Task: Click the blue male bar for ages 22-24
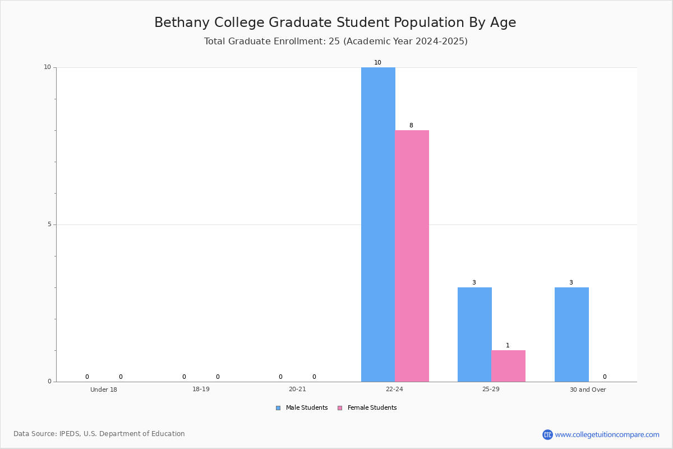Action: click(x=378, y=224)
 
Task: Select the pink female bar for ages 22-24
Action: click(x=412, y=256)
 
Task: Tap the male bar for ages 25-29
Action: click(x=474, y=335)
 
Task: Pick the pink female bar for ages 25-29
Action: click(x=508, y=366)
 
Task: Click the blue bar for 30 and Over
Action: click(x=571, y=335)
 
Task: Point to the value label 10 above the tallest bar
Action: click(x=377, y=62)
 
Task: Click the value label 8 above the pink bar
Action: click(x=411, y=125)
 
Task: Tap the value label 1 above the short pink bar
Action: click(x=508, y=345)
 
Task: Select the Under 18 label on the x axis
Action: click(x=104, y=390)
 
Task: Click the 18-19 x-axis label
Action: click(x=201, y=389)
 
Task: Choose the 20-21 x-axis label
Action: click(x=297, y=389)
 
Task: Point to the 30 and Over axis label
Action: click(x=588, y=390)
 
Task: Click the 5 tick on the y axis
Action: click(x=50, y=224)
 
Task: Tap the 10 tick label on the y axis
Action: click(x=48, y=67)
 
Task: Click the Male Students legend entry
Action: click(x=302, y=407)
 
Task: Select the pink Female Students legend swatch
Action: click(x=340, y=408)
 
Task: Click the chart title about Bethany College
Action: click(x=335, y=22)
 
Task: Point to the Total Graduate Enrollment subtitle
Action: click(x=336, y=41)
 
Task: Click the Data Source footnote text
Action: click(x=99, y=434)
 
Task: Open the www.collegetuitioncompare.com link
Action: click(x=607, y=434)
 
